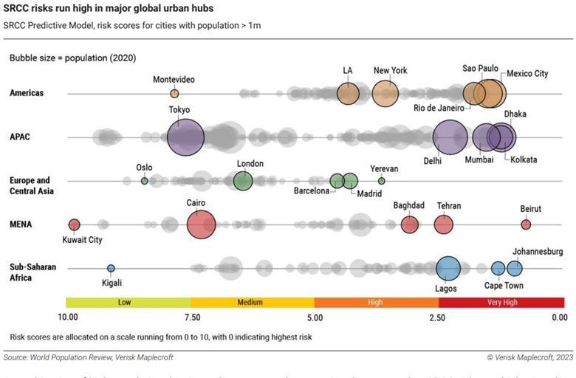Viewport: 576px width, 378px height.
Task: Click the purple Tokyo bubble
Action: [185, 137]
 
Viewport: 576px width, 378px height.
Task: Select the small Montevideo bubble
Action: [174, 94]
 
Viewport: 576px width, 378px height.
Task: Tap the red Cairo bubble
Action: [201, 224]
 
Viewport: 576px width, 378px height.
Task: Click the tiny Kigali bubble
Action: [111, 269]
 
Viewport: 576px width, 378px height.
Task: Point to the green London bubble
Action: [243, 181]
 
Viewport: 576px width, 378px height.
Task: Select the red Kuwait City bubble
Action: [74, 224]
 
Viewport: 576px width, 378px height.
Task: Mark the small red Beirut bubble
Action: [526, 224]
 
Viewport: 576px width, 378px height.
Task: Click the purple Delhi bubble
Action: [450, 137]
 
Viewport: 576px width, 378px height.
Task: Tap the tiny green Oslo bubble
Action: [145, 181]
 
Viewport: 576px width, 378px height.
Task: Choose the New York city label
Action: [390, 71]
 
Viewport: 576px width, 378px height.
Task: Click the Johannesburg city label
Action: [537, 252]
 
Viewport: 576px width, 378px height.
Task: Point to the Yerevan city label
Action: [383, 168]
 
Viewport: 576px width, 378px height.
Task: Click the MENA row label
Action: [22, 224]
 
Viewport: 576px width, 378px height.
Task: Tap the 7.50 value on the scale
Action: [191, 317]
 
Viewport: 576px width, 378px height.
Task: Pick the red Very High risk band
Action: [501, 302]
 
